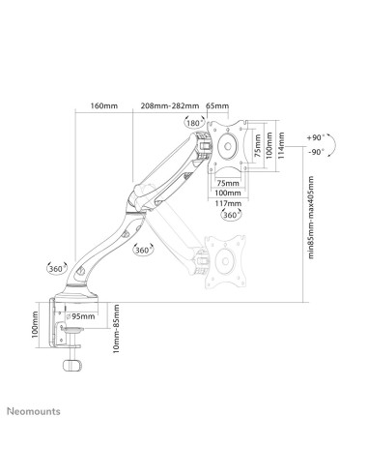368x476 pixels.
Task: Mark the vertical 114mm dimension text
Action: click(281, 145)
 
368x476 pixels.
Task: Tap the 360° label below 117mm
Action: click(232, 216)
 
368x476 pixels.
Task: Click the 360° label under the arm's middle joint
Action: click(143, 251)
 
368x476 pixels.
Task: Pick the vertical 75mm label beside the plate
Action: click(258, 145)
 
